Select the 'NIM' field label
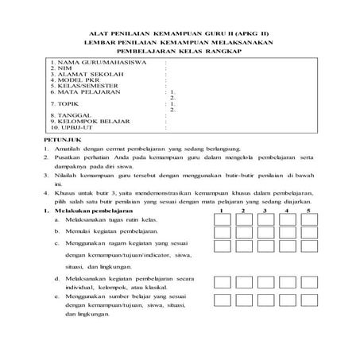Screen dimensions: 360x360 [x=59, y=68]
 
